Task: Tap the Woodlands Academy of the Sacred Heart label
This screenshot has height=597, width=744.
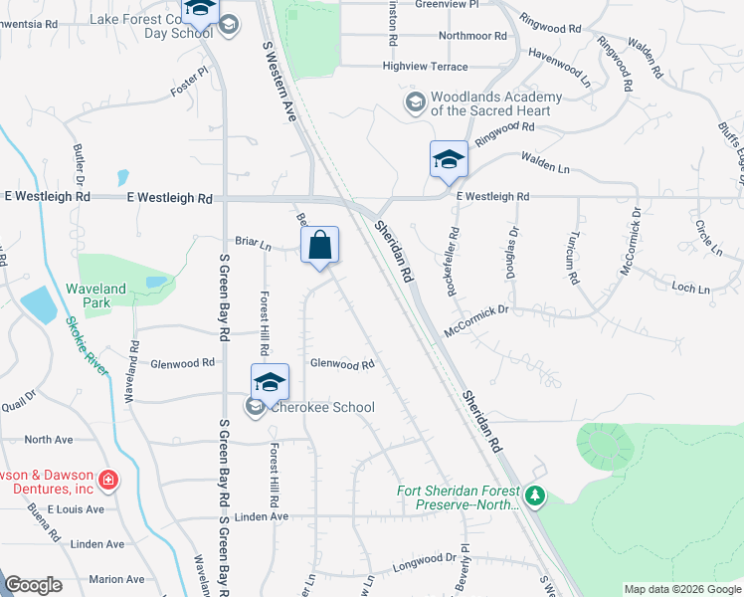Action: (496, 103)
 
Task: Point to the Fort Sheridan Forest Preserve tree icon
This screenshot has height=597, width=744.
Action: (536, 496)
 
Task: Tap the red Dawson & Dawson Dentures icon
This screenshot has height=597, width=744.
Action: (107, 482)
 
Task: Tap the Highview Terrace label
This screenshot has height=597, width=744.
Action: (425, 67)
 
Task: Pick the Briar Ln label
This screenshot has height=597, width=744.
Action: (253, 241)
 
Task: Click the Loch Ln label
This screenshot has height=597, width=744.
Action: (691, 289)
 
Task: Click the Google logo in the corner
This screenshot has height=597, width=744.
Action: (34, 584)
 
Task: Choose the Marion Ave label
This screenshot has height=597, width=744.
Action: (116, 579)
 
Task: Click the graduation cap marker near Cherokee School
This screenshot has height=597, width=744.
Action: (270, 383)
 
